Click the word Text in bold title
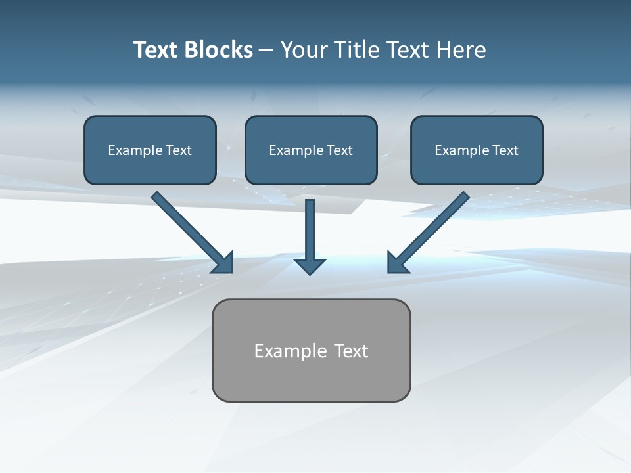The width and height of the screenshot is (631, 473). pos(158,50)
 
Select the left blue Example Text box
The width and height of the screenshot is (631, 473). pos(150,168)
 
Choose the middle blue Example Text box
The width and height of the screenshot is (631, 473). pos(311,168)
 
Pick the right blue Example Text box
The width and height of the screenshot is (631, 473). pos(477,168)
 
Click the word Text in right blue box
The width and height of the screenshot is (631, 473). pos(505,150)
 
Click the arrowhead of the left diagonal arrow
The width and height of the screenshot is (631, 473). pos(224,263)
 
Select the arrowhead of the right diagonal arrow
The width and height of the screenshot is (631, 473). pos(396,263)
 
